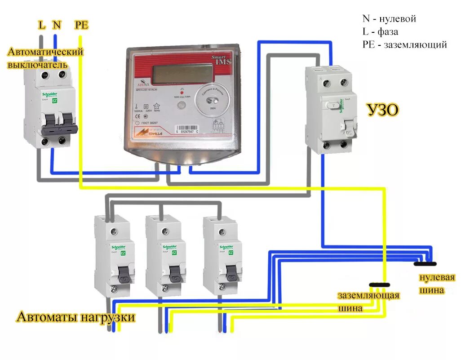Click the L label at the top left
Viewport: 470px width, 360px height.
42,25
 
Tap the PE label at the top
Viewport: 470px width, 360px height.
81,25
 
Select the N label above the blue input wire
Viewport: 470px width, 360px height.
57,25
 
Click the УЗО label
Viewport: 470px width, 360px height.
383,110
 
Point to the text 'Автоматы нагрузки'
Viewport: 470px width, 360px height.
76,317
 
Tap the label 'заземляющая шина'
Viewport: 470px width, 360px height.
368,302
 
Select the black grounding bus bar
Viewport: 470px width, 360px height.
380,284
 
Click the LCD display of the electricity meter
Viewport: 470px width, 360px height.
182,73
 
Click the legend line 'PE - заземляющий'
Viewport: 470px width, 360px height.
404,44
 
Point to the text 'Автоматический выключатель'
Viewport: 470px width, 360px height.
45,58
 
